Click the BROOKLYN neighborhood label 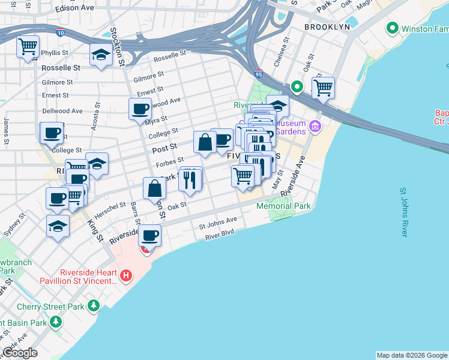pos(327,28)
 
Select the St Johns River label pos(412,212)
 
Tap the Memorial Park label pos(283,206)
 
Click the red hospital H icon pos(126,276)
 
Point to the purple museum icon pos(316,127)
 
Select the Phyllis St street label pos(55,53)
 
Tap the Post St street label pos(164,147)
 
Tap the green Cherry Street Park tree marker pos(93,306)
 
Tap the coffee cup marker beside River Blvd pos(150,235)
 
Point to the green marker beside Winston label pos(393,28)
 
